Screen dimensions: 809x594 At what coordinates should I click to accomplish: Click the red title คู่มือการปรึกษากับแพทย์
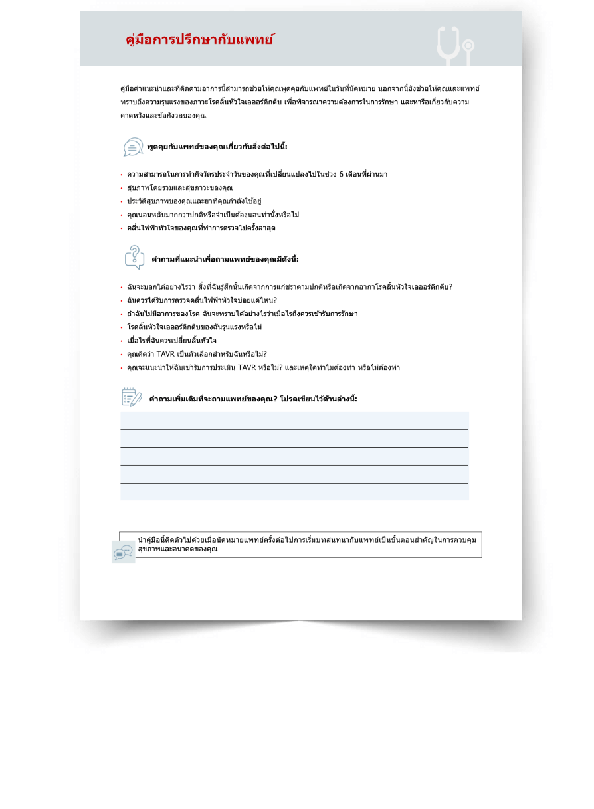(x=199, y=39)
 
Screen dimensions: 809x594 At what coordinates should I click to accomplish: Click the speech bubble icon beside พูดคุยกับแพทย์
(x=133, y=147)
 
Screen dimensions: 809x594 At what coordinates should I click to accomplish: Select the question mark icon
(x=134, y=258)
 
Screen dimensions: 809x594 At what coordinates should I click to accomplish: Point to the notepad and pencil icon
(x=132, y=397)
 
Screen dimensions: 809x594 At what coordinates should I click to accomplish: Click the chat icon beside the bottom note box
(x=123, y=552)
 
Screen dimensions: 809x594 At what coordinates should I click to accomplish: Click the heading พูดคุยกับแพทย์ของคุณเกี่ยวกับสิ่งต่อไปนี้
(x=217, y=147)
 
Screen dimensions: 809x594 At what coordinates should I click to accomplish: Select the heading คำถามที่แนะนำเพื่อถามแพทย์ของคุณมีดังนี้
(x=225, y=259)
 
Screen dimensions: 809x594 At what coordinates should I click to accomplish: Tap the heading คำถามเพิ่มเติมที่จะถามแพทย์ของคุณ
(x=213, y=399)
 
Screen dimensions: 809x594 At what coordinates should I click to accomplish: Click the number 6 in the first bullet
(x=340, y=175)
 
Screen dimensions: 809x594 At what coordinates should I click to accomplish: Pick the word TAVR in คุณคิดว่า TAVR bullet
(x=165, y=354)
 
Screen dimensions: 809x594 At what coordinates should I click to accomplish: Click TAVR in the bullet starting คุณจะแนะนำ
(x=248, y=367)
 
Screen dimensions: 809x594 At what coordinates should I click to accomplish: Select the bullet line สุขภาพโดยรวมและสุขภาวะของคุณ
(x=179, y=188)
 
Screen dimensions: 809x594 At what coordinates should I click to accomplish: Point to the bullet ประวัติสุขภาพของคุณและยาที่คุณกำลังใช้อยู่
(x=194, y=201)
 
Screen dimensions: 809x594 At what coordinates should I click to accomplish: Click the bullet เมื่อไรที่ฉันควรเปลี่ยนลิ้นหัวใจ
(x=171, y=341)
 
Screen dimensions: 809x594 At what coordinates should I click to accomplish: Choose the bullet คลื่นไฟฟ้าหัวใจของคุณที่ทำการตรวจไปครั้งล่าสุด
(x=201, y=228)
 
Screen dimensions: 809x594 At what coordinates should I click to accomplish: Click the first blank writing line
(x=294, y=421)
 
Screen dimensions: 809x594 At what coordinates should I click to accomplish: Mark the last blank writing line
(x=294, y=493)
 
